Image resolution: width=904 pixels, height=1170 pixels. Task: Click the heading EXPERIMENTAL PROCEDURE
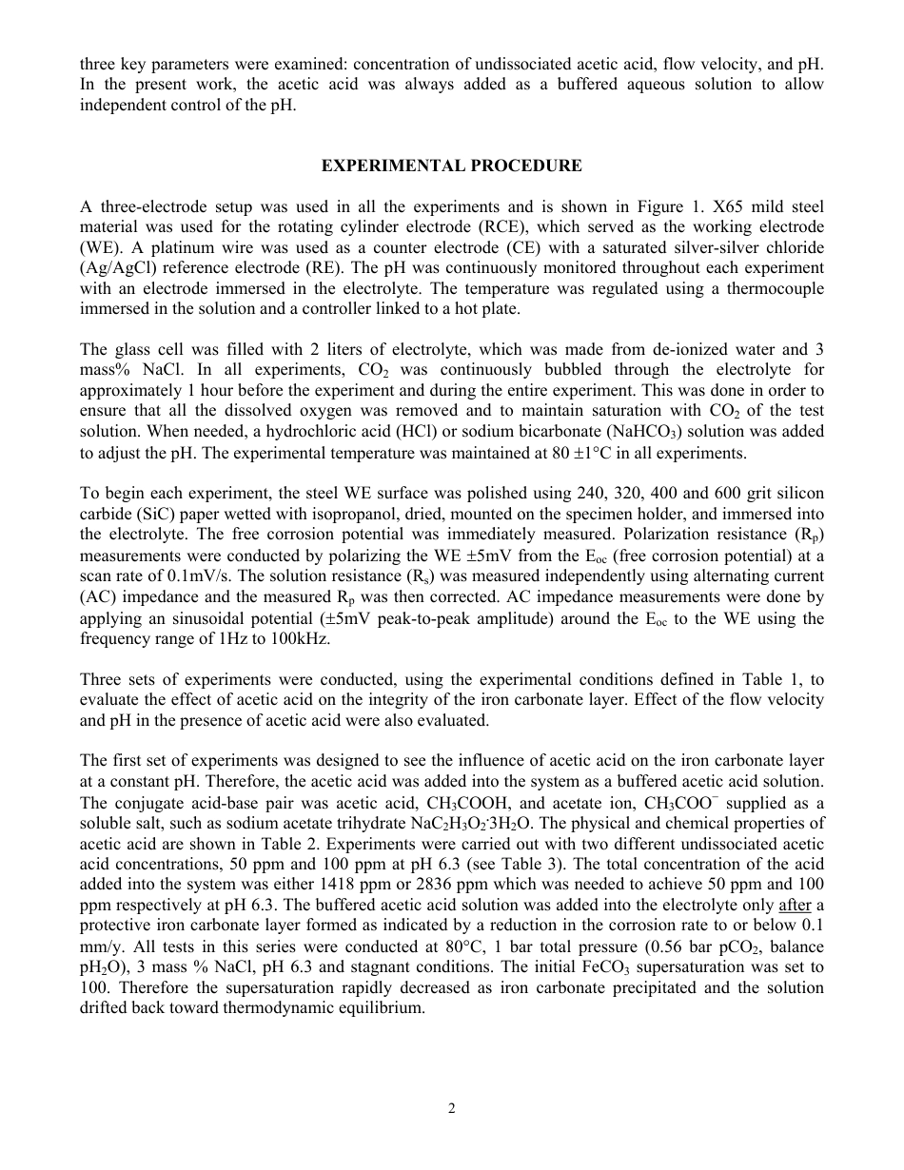[451, 166]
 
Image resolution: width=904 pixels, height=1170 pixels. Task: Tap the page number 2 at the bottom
[452, 1107]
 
